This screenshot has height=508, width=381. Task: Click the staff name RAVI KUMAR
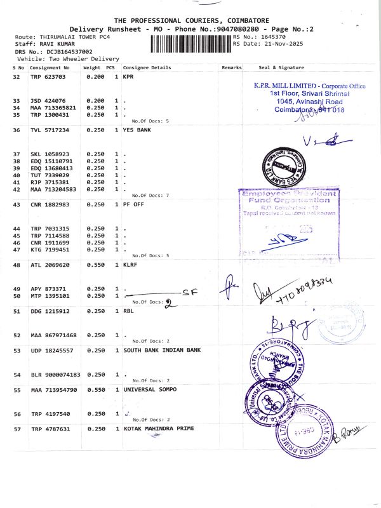coord(58,44)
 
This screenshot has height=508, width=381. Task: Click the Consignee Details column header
coord(147,67)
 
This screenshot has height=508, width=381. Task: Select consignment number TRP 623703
coord(48,77)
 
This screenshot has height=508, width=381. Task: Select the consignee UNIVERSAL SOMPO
coord(150,389)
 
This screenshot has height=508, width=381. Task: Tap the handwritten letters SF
coord(187,292)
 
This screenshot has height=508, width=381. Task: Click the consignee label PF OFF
coord(134,204)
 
